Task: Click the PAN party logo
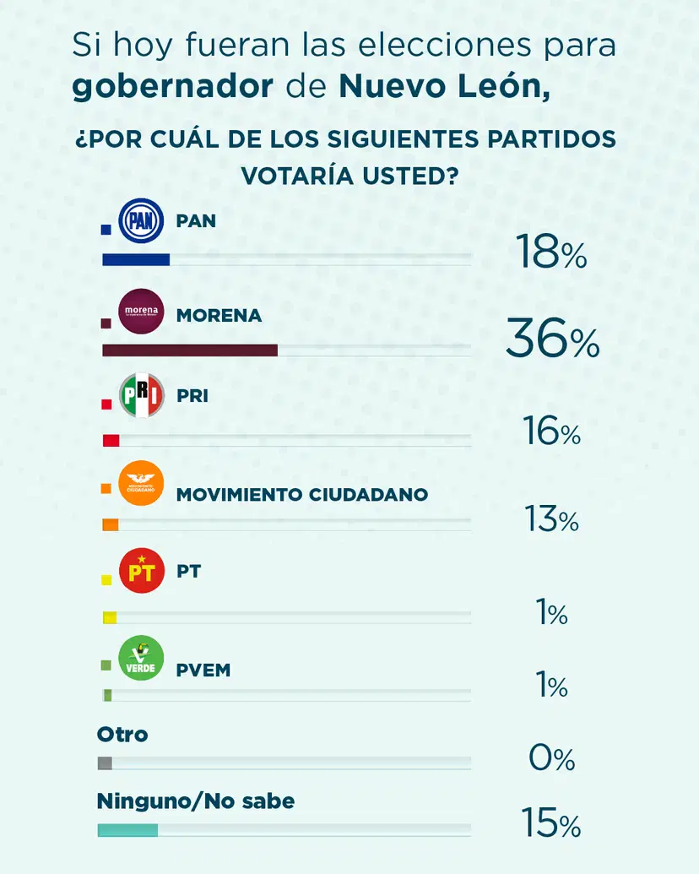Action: coord(141,223)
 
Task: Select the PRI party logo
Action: coord(141,397)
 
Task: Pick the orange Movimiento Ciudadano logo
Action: coord(141,484)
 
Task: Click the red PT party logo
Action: coord(141,570)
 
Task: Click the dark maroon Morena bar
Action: coord(189,350)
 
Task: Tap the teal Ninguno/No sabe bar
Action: coord(127,830)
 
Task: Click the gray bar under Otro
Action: coord(105,763)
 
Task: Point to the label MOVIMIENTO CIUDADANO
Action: coord(301,494)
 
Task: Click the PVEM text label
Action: coord(203,670)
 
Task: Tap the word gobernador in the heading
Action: coord(172,87)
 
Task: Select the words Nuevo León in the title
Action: coord(442,87)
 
